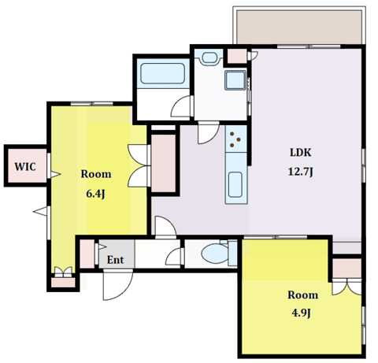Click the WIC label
(25, 167)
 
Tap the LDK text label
(301, 153)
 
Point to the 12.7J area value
(301, 172)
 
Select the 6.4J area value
(96, 194)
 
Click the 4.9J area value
(302, 313)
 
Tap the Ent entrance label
(115, 260)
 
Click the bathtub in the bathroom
(163, 73)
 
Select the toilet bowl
(215, 254)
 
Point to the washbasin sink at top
(209, 57)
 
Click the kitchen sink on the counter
(235, 184)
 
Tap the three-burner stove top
(235, 139)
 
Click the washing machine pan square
(235, 80)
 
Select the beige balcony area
(299, 28)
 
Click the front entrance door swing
(117, 286)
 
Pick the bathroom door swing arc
(182, 106)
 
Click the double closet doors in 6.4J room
(139, 165)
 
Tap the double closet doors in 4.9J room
(346, 288)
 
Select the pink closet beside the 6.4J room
(164, 163)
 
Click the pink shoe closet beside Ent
(87, 254)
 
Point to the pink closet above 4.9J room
(347, 269)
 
